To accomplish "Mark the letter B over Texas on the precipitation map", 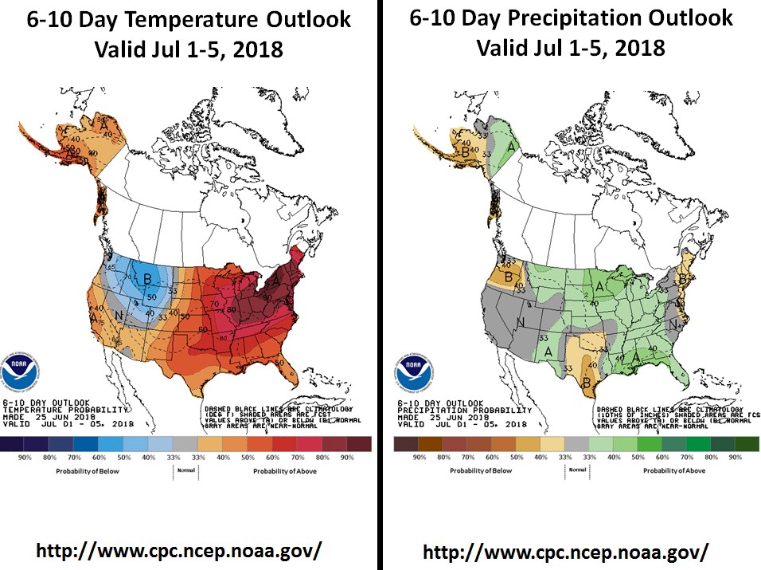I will pos(586,382).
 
